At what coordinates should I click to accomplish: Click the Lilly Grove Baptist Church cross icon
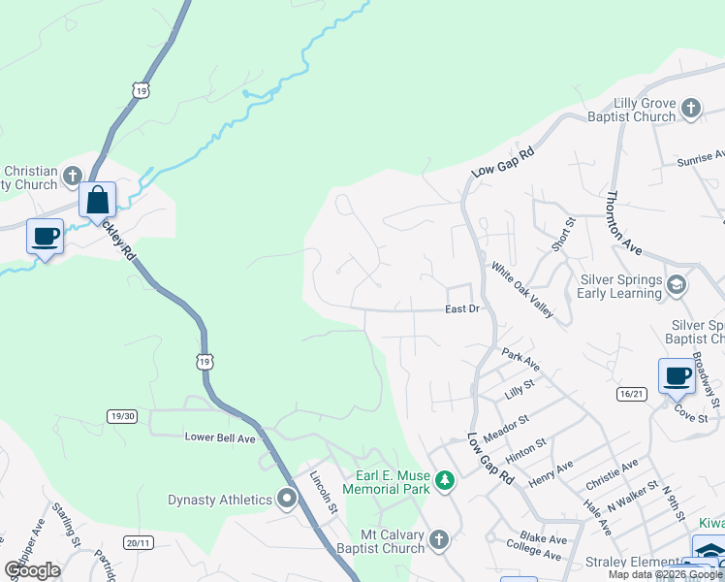click(691, 108)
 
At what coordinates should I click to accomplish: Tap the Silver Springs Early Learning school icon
click(677, 284)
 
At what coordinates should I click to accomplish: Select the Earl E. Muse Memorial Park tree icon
click(444, 480)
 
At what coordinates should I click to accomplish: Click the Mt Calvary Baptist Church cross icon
click(438, 538)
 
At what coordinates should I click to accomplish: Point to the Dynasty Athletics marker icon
click(287, 500)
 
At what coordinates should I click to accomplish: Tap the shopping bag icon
click(98, 200)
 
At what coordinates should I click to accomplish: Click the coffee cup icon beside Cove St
click(676, 376)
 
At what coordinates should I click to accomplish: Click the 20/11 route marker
click(137, 541)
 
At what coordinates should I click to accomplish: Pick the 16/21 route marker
click(630, 394)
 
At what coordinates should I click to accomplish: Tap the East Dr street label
click(463, 309)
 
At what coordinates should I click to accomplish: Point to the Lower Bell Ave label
click(220, 437)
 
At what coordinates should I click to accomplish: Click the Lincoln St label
click(321, 492)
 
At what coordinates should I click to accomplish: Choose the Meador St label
click(508, 427)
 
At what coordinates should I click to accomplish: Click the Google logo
click(32, 569)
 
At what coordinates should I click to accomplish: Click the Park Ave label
click(520, 361)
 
